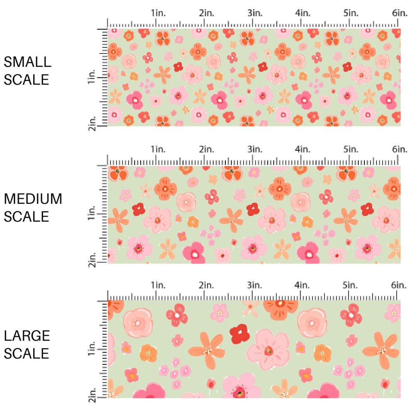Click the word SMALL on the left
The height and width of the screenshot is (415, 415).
pos(27,62)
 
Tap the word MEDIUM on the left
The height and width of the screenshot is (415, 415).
pos(33,199)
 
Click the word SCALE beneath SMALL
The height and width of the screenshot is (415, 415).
pos(27,79)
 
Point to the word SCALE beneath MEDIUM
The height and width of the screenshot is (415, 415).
pos(27,216)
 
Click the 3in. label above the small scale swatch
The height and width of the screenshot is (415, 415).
pos(254,13)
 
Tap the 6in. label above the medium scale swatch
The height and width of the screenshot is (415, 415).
pos(400,149)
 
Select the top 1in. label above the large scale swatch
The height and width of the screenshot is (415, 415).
pos(158,285)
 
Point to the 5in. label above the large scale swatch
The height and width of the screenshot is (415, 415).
pos(350,285)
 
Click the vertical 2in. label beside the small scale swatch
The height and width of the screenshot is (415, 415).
pos(93,123)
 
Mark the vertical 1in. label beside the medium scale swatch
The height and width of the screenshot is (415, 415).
pos(93,215)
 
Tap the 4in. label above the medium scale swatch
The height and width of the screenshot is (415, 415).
pos(302,149)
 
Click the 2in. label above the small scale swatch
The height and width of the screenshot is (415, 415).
pos(206,13)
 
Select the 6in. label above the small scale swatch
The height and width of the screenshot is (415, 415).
pos(400,13)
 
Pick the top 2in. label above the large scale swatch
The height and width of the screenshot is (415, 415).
pos(206,285)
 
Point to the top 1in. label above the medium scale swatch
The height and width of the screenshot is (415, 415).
pos(158,149)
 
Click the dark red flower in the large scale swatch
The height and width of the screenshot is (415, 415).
pos(239,333)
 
